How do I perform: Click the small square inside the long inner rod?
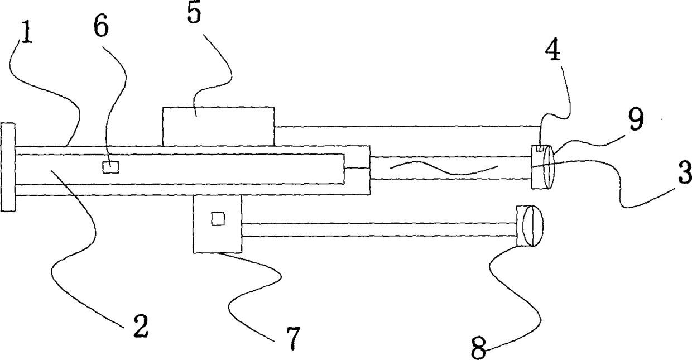(111, 167)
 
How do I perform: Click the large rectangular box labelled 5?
(218, 126)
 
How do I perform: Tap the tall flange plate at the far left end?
(8, 167)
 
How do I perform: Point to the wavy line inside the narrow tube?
(441, 169)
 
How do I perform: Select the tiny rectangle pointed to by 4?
(540, 148)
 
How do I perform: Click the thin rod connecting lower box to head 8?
(379, 229)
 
